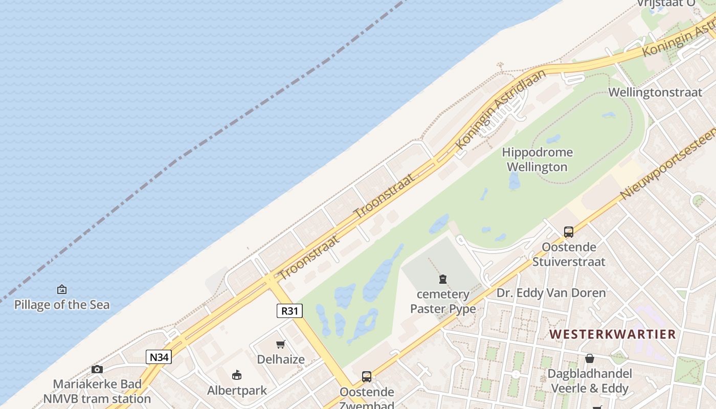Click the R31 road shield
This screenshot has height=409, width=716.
(x=289, y=310)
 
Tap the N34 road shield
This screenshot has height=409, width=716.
(x=159, y=357)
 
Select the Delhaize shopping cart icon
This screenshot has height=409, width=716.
(x=280, y=344)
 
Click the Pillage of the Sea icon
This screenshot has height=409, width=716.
(x=61, y=289)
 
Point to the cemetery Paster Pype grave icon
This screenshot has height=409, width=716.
(x=442, y=279)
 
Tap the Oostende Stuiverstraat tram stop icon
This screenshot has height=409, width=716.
(x=568, y=232)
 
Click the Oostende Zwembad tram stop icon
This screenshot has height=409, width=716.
(x=366, y=377)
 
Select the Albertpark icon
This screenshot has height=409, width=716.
(x=236, y=375)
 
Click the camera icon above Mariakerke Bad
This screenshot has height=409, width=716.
(x=97, y=369)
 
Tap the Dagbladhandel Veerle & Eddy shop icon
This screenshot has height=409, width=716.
(x=590, y=358)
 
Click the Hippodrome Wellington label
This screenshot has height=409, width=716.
(x=537, y=160)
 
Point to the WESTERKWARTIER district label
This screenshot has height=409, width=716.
(x=612, y=334)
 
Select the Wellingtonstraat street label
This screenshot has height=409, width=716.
(x=655, y=93)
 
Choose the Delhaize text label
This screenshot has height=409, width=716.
(x=281, y=359)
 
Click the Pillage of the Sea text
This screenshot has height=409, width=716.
(x=61, y=305)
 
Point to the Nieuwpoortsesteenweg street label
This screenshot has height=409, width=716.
(x=667, y=164)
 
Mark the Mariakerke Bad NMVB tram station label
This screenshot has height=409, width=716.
(x=97, y=391)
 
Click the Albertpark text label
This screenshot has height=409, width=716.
(x=237, y=391)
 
